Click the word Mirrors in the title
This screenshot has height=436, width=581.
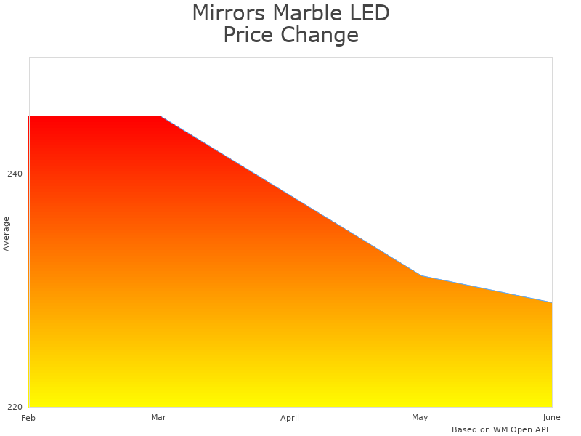[229, 13]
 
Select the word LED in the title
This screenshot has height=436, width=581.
[369, 13]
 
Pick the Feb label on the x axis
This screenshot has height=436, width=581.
[28, 418]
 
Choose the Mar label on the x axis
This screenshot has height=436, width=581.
[158, 417]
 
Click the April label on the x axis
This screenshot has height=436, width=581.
[290, 418]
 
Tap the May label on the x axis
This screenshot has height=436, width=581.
[420, 417]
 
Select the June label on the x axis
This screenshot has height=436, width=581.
[551, 417]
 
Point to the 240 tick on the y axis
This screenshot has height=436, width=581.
[15, 174]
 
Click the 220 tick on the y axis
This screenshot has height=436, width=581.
[15, 406]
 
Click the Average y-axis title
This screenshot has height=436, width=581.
[7, 234]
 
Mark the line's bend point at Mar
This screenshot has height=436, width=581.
[160, 116]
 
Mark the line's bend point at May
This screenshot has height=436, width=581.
[421, 275]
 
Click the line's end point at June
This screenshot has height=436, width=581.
[552, 302]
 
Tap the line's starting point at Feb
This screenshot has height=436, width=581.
[29, 116]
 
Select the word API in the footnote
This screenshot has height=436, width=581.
[540, 429]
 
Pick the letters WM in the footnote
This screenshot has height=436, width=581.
[500, 429]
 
